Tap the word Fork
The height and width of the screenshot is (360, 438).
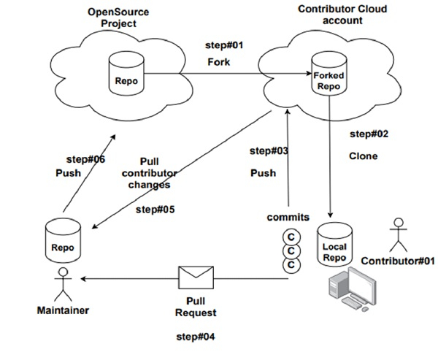point(219,62)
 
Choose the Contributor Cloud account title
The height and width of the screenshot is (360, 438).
point(342,14)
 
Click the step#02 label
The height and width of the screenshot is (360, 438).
point(369,134)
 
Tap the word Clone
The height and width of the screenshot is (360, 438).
point(364,156)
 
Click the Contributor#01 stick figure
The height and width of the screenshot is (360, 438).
point(398,234)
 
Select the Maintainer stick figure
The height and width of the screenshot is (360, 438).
point(63,284)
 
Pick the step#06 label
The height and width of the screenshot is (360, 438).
point(86,158)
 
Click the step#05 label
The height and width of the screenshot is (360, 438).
point(155,209)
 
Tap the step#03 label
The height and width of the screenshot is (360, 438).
point(269,151)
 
